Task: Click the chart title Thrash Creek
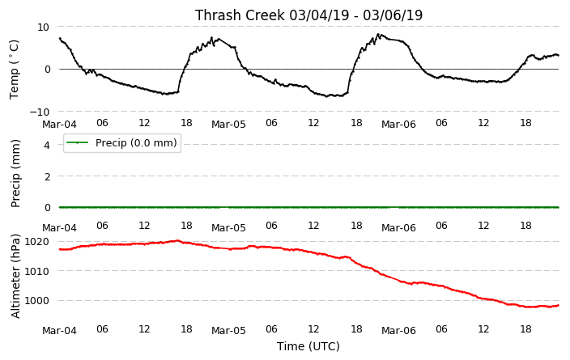click(x=240, y=15)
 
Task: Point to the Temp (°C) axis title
click(x=14, y=70)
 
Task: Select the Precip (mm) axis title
click(x=15, y=174)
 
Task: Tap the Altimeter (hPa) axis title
click(x=15, y=277)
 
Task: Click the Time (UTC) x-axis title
click(x=308, y=346)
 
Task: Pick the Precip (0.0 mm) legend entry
click(x=122, y=142)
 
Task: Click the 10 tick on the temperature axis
click(x=43, y=27)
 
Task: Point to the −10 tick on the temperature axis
click(x=39, y=112)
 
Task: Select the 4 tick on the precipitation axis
click(x=47, y=145)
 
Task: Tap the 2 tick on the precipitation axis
click(x=47, y=176)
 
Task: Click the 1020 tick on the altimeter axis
click(x=37, y=242)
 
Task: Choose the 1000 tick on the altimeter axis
click(x=37, y=301)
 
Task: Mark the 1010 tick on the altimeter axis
click(x=37, y=271)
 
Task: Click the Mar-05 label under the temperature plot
click(x=228, y=125)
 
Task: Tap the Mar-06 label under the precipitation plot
click(x=398, y=228)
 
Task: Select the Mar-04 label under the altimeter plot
click(x=60, y=331)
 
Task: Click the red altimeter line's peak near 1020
click(x=177, y=240)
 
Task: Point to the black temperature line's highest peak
click(x=378, y=34)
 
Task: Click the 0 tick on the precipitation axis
click(x=47, y=208)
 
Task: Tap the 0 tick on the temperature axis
click(x=47, y=70)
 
